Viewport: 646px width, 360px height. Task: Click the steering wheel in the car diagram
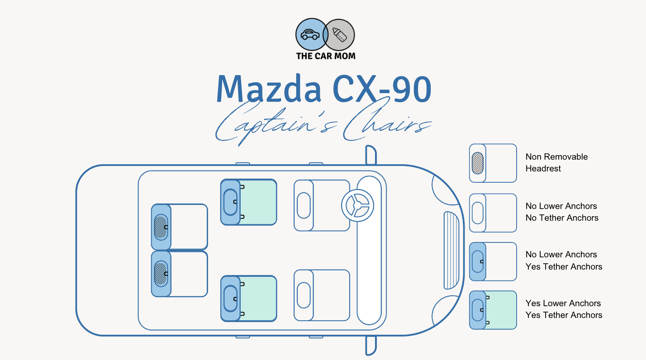[357, 205]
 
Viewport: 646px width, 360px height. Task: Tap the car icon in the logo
[310, 34]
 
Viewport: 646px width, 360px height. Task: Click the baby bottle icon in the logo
[339, 35]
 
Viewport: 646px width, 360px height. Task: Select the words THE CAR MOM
[326, 56]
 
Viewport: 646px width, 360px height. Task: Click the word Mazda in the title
[269, 89]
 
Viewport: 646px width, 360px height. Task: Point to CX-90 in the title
[382, 89]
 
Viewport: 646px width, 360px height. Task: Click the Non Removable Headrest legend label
[556, 162]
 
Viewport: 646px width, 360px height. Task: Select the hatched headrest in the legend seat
[478, 163]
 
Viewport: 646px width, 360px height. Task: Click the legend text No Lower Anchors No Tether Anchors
[561, 212]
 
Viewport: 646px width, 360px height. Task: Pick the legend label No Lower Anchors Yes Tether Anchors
[564, 261]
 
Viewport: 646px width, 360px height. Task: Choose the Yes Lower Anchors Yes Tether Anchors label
[564, 309]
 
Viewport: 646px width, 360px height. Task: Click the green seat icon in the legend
[493, 310]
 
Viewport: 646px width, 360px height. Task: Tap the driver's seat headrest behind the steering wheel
[304, 205]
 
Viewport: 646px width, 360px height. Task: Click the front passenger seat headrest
[304, 295]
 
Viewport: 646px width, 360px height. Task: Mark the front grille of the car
[451, 250]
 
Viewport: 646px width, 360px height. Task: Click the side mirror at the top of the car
[371, 155]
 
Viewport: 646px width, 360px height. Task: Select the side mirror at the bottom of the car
[371, 346]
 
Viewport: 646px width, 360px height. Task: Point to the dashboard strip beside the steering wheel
[369, 250]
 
